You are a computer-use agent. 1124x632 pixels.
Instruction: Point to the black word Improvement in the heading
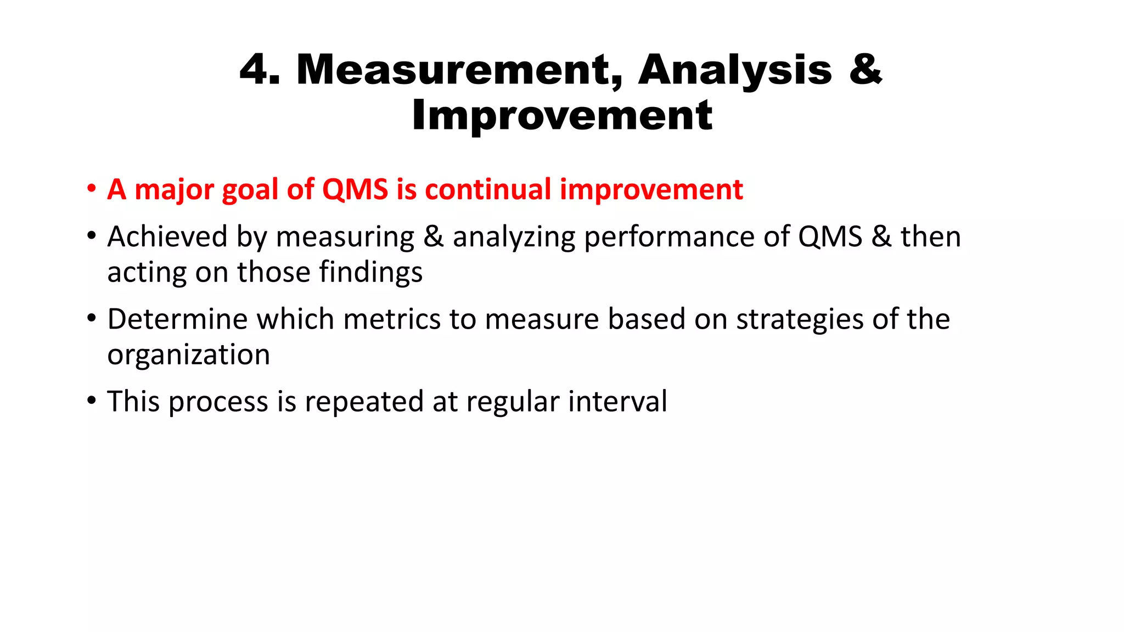[x=562, y=116]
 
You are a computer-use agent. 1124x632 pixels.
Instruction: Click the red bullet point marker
[x=91, y=190]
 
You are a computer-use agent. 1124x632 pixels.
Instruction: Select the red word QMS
[x=355, y=190]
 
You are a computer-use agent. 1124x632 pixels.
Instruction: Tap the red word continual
[x=488, y=190]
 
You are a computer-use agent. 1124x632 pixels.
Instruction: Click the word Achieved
[x=167, y=237]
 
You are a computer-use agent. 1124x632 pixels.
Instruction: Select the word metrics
[x=392, y=319]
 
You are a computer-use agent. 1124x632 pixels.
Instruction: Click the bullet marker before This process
[x=91, y=401]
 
